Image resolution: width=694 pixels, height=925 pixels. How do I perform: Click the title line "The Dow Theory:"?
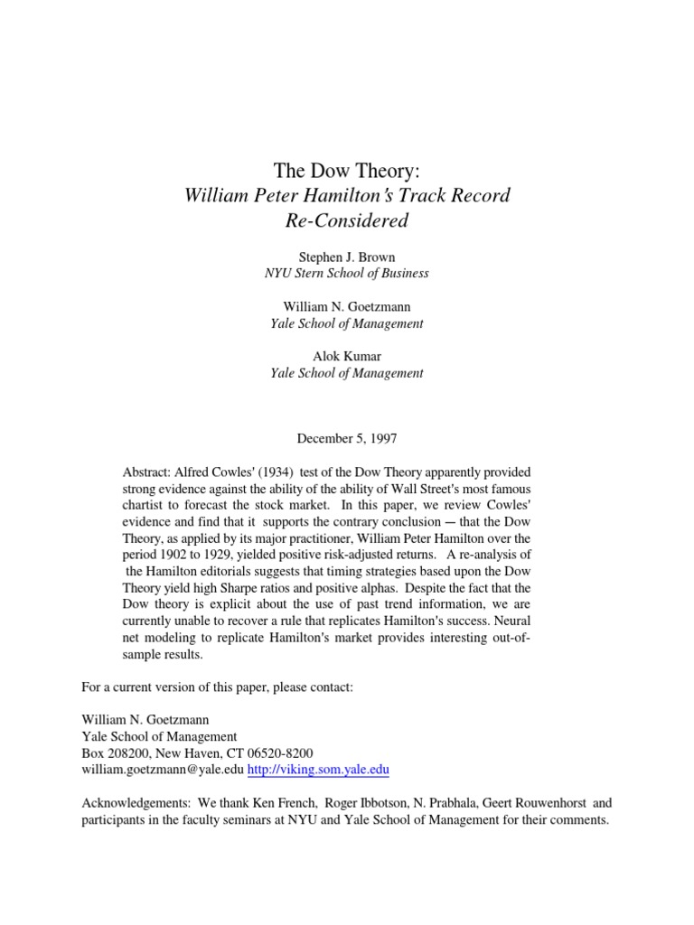347,171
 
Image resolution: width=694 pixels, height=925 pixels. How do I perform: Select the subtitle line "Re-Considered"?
347,220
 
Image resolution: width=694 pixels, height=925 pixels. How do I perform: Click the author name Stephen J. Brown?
347,257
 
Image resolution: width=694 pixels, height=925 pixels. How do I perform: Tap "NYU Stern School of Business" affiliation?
347,273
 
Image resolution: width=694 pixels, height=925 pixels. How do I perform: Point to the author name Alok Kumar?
347,357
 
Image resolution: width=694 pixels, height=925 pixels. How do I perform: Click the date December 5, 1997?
347,438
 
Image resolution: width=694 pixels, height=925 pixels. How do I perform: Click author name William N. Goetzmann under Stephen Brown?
347,307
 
